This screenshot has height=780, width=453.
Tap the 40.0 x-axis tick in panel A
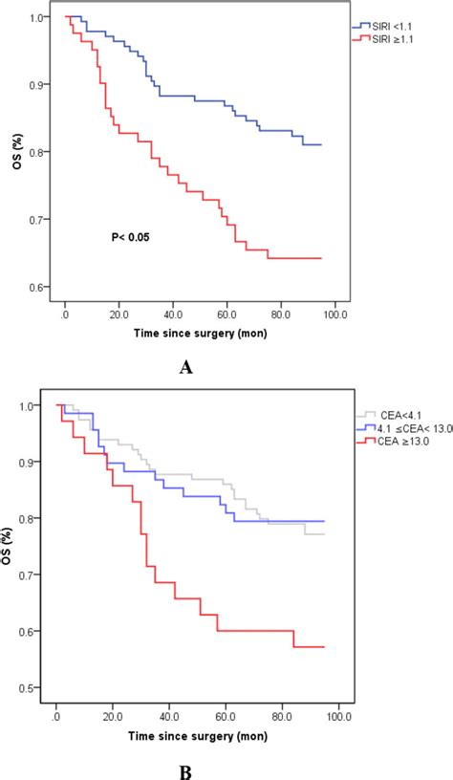[173, 311]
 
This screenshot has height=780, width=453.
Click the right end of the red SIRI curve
[321, 258]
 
